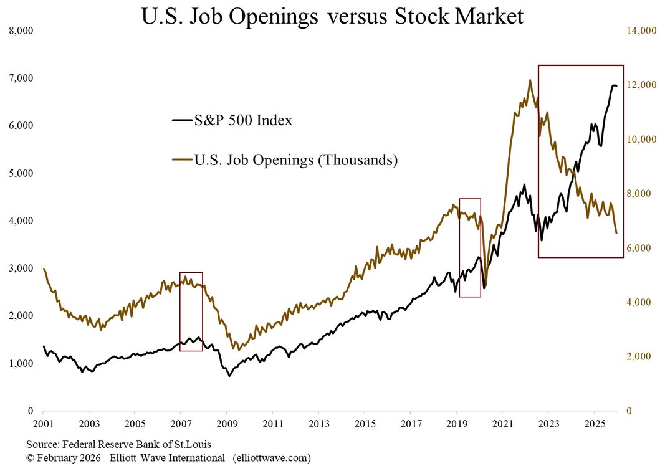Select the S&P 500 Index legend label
243,120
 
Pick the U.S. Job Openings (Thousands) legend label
295,160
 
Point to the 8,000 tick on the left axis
22,31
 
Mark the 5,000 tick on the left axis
22,173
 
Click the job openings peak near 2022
530,80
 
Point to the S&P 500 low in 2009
229,376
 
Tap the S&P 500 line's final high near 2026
614,85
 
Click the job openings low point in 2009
234,349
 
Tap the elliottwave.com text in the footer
270,458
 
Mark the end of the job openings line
616,233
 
